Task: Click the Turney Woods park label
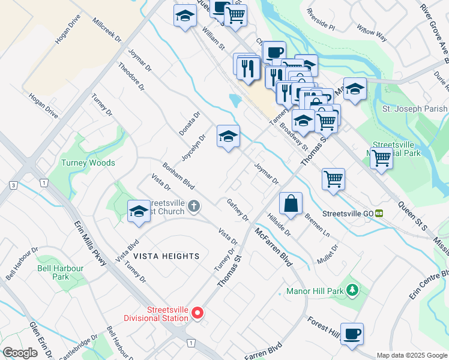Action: pyautogui.click(x=88, y=163)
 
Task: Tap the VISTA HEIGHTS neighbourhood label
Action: pyautogui.click(x=166, y=256)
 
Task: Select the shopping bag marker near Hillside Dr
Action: pyautogui.click(x=291, y=203)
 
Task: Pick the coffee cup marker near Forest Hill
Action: pyautogui.click(x=352, y=334)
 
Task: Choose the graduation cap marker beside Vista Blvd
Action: pyautogui.click(x=139, y=211)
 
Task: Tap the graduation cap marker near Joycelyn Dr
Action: pyautogui.click(x=228, y=137)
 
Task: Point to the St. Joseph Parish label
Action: pyautogui.click(x=415, y=109)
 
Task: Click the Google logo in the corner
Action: pyautogui.click(x=20, y=353)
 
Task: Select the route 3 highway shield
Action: pyautogui.click(x=13, y=185)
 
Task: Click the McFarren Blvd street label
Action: pyautogui.click(x=274, y=248)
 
